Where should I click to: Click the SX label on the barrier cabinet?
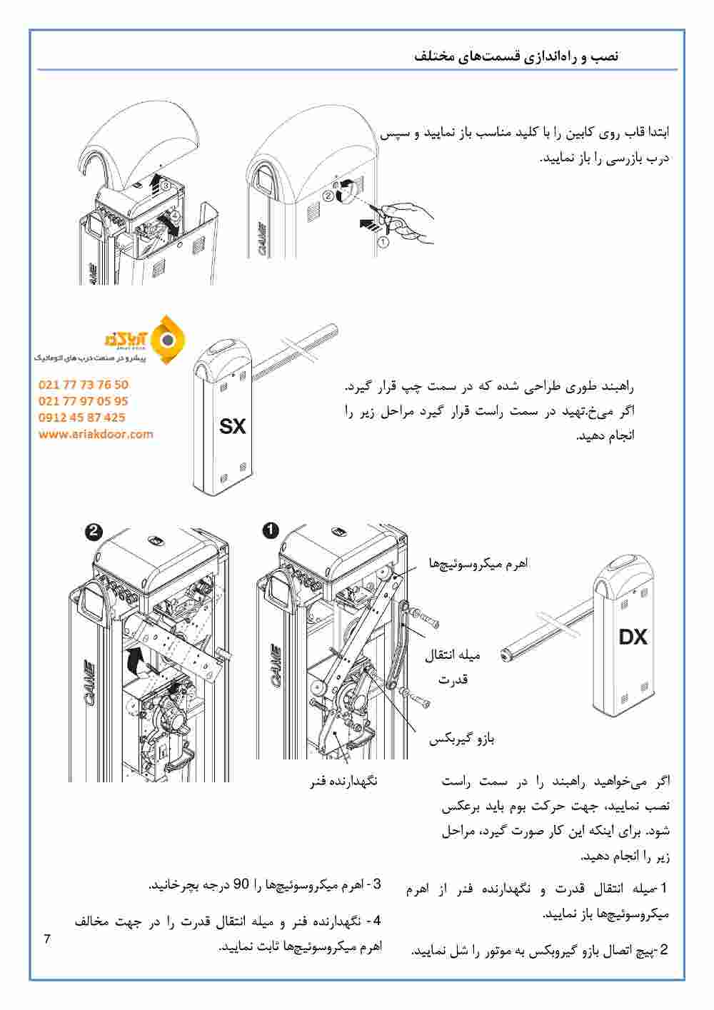[x=232, y=427]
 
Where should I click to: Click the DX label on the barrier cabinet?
[x=633, y=636]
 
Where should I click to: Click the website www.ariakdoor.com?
[x=96, y=434]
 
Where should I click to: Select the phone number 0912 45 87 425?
[x=81, y=418]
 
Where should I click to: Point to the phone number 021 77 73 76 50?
[x=84, y=385]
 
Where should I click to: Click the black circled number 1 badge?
[x=271, y=530]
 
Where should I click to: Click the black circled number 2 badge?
[x=94, y=531]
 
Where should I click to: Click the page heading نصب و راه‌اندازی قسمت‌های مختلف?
[x=517, y=56]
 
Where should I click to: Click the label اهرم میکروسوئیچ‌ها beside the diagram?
[x=488, y=563]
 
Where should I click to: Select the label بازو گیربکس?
[x=461, y=739]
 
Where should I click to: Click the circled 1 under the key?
[x=383, y=243]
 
